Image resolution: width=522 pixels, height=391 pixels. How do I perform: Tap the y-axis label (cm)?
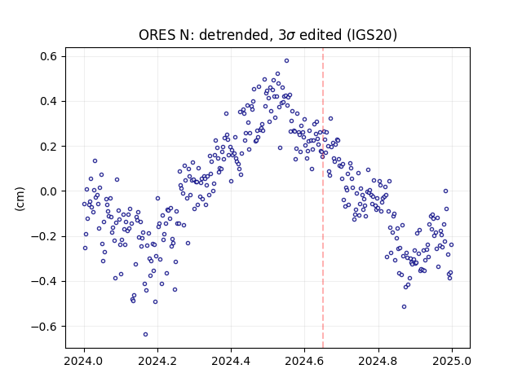(x=20, y=199)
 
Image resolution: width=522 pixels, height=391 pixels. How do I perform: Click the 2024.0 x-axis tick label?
(x=84, y=361)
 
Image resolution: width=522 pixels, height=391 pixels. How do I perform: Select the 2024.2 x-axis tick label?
(x=157, y=361)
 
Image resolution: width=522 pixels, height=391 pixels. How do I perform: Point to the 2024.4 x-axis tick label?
(x=231, y=361)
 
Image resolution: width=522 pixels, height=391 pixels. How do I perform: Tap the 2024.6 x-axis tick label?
(x=304, y=361)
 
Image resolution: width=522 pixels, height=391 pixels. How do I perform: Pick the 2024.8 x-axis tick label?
(x=378, y=361)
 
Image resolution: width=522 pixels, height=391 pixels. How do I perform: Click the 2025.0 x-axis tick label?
(x=452, y=361)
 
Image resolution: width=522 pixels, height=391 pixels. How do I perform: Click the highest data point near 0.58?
(x=286, y=61)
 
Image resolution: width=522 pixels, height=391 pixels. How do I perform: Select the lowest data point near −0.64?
(x=145, y=335)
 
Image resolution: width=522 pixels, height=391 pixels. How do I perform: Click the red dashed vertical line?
(x=323, y=198)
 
